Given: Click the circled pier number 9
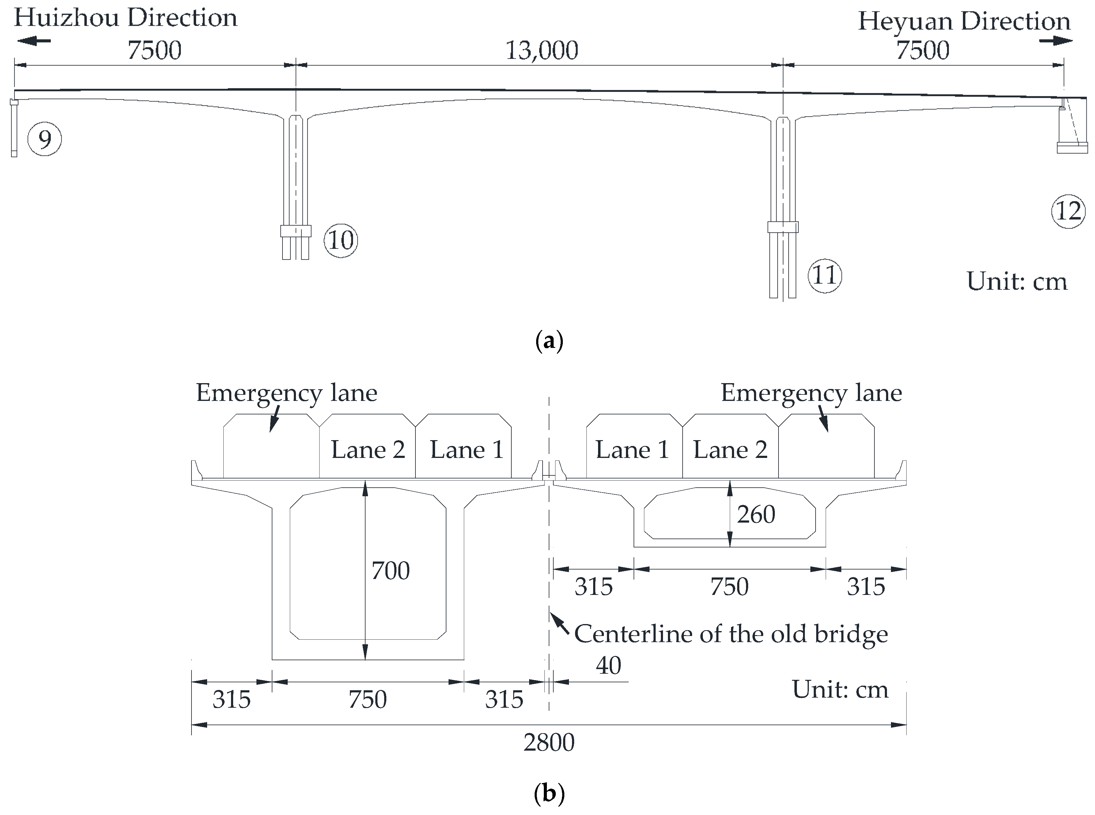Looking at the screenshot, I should (x=44, y=140).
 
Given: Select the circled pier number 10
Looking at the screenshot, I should (x=341, y=240).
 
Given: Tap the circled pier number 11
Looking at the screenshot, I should (x=824, y=275).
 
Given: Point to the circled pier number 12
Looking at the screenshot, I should (x=1068, y=212).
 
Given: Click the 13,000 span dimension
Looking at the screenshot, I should (x=541, y=50).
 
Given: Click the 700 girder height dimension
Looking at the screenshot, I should (x=390, y=571).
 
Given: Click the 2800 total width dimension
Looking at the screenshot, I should (x=549, y=742).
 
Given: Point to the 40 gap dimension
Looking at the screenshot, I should (x=608, y=665).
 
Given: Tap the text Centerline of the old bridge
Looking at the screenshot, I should (x=731, y=634).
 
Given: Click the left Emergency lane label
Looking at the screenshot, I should (x=286, y=393).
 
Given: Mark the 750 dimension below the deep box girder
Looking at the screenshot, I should (x=367, y=699).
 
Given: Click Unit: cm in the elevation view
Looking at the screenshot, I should (x=1017, y=281).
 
